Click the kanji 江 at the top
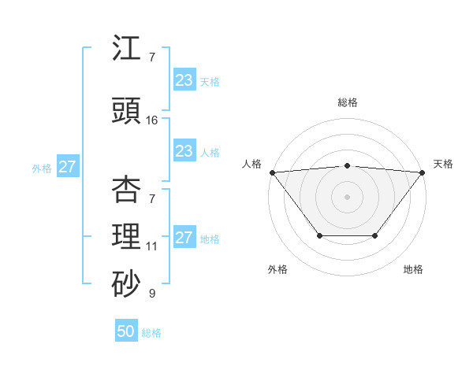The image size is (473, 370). (x=127, y=49)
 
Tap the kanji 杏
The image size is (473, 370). (x=127, y=189)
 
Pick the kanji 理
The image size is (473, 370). (x=127, y=237)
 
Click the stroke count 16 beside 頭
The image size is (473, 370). (x=152, y=120)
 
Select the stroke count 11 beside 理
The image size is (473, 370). (x=152, y=246)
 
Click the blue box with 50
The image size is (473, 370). (x=126, y=331)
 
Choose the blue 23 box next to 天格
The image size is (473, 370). (x=184, y=80)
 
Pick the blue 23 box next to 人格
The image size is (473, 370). (x=184, y=151)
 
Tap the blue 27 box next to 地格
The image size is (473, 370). (x=184, y=238)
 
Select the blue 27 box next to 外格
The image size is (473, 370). (x=68, y=167)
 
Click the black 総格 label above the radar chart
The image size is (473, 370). (x=348, y=102)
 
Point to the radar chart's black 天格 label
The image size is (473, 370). (x=443, y=164)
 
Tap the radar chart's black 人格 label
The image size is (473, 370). (x=251, y=164)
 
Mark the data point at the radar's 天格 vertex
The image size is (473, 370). (x=423, y=172)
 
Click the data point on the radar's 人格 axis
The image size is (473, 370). (x=272, y=172)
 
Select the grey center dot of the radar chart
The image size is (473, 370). (x=348, y=196)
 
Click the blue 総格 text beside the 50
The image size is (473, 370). (x=151, y=333)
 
